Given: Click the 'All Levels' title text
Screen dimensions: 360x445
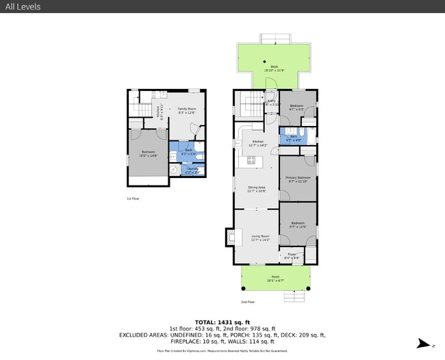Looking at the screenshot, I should click(22, 7).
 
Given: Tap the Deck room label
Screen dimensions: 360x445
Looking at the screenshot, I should click(273, 68).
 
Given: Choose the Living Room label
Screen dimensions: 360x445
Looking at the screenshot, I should click(260, 237).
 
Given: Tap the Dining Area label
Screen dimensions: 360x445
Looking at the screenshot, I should click(257, 188).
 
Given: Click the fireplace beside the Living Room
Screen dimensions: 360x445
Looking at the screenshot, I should click(229, 237).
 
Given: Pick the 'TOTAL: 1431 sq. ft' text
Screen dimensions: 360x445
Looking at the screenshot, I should click(222, 321).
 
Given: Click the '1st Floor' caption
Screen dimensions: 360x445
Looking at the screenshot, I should click(133, 198).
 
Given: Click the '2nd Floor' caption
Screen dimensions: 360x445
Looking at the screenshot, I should click(248, 301).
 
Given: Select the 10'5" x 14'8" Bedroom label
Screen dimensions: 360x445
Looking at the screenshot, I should click(149, 154).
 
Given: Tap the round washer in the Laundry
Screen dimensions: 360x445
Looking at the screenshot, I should click(174, 170).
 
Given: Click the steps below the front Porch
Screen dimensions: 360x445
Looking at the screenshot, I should click(294, 296).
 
